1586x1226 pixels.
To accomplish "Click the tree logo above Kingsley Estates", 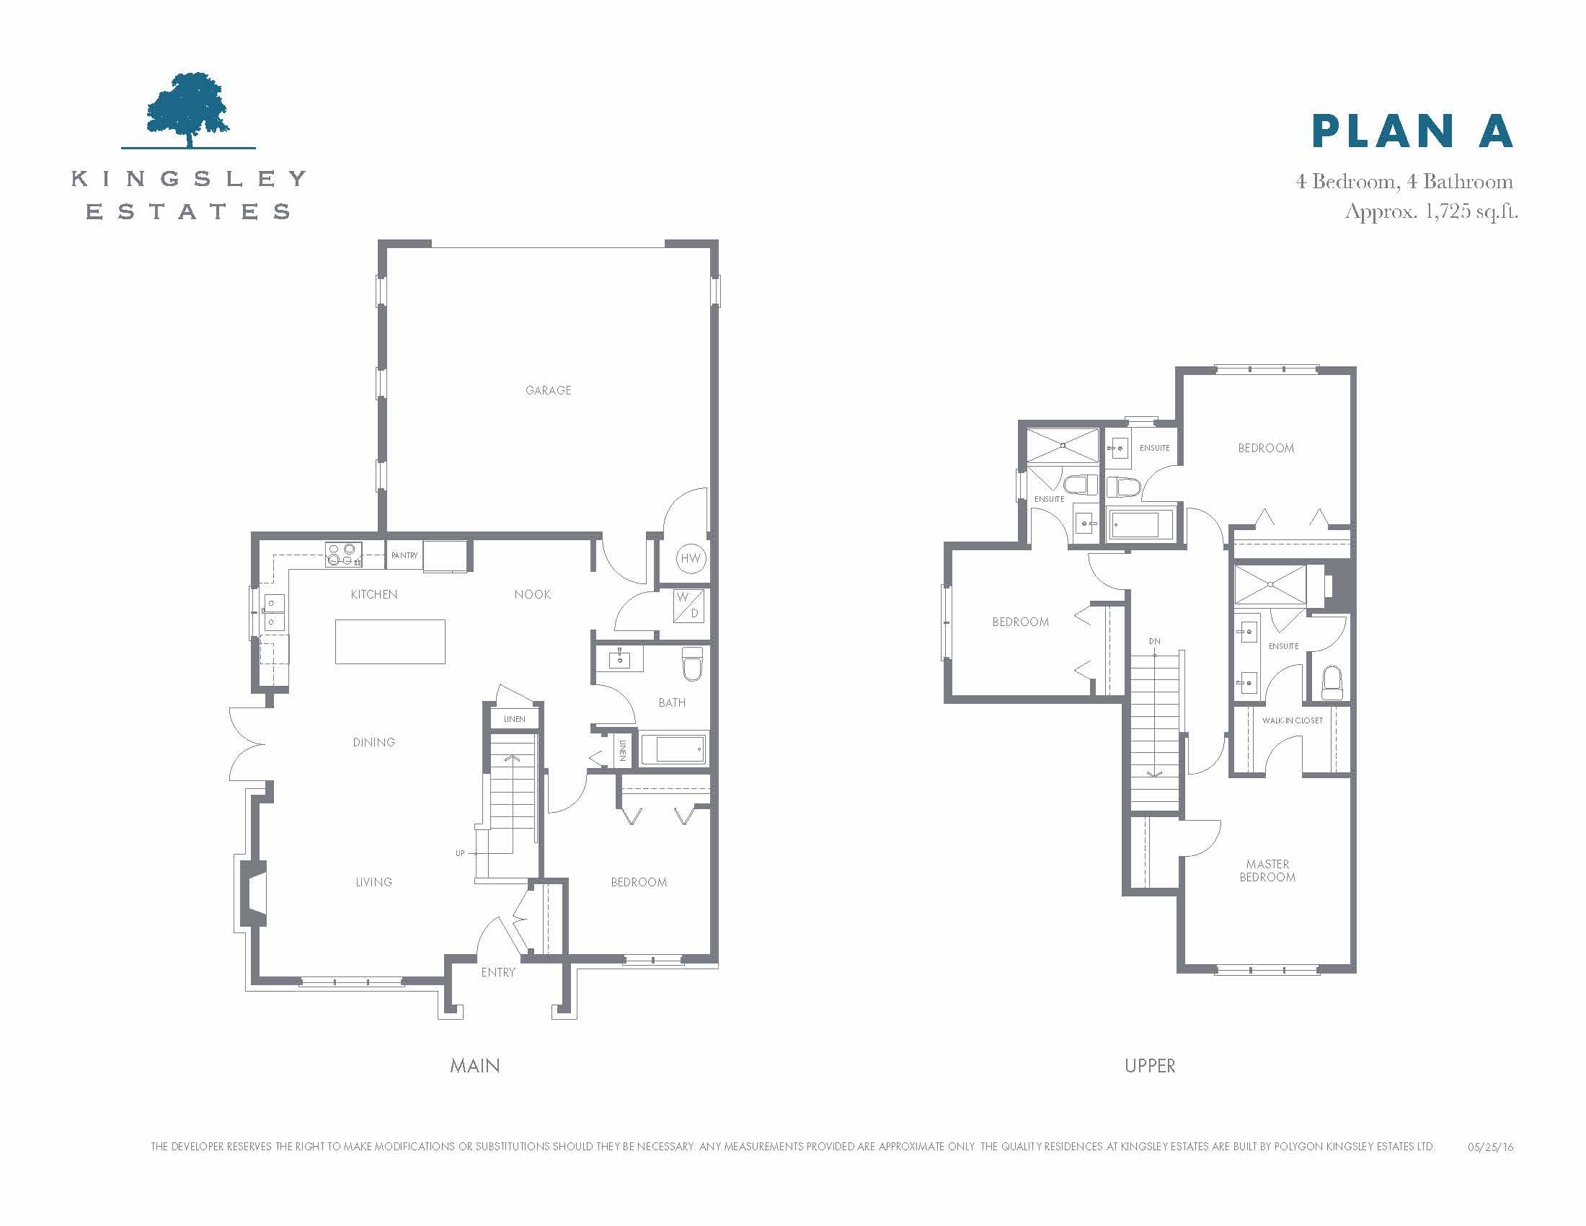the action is (188, 110).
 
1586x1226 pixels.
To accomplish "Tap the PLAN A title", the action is (1412, 131).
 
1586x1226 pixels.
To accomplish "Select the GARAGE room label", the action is (549, 391).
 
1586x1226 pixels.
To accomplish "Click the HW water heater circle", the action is (691, 557).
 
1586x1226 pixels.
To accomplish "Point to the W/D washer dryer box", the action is (688, 606).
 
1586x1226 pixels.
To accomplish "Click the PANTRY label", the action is (404, 555).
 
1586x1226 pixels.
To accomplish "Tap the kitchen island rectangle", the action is (390, 641).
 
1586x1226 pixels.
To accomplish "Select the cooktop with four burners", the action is (343, 555).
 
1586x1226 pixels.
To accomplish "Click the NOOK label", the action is (532, 595).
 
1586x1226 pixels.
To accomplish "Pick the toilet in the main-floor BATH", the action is (693, 663).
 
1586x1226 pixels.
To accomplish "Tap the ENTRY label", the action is (498, 973).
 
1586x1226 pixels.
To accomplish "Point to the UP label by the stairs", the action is (460, 853).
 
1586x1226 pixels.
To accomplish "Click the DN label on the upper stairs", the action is (1155, 641).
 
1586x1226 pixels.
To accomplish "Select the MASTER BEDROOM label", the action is (1267, 871).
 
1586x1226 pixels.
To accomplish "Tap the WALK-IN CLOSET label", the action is (1292, 720).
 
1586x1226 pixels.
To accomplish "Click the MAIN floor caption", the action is (475, 1066).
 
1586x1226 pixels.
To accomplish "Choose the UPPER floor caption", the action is (1150, 1066).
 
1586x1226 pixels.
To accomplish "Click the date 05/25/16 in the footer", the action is (1491, 1147).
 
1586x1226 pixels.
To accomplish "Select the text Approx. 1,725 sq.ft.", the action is (1431, 211).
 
